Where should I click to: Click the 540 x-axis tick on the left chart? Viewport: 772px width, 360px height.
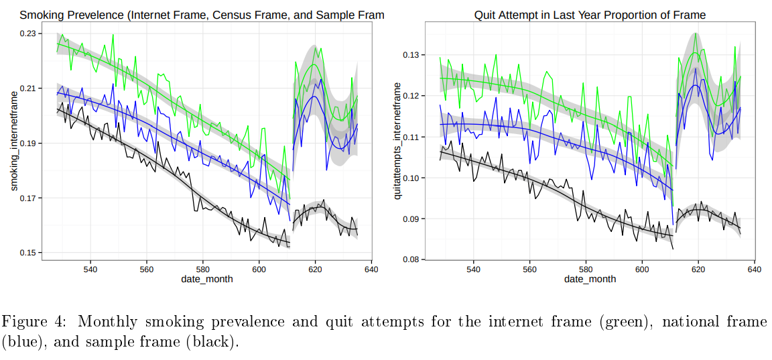pos(90,269)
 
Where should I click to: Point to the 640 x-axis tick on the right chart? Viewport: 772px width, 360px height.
pos(754,269)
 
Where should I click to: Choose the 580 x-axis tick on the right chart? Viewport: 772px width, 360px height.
pos(586,269)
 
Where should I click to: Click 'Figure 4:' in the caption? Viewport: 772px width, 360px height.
pos(31,322)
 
